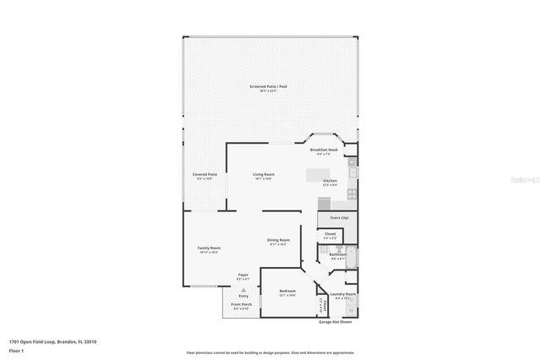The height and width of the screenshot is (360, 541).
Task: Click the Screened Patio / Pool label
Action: (x=268, y=88)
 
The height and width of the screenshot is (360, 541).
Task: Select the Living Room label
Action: (x=263, y=176)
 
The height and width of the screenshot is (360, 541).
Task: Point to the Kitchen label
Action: (x=330, y=182)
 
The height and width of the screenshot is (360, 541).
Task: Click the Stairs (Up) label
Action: (x=330, y=217)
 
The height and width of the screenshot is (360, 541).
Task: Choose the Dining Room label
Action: (x=279, y=241)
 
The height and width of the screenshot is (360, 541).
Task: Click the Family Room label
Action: (x=209, y=249)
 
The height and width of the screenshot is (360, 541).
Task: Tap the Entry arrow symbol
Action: (x=243, y=289)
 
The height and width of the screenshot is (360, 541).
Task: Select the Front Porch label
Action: (x=241, y=307)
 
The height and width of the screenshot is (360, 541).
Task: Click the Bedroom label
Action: (x=287, y=292)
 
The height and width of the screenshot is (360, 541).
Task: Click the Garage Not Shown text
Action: (x=336, y=322)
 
